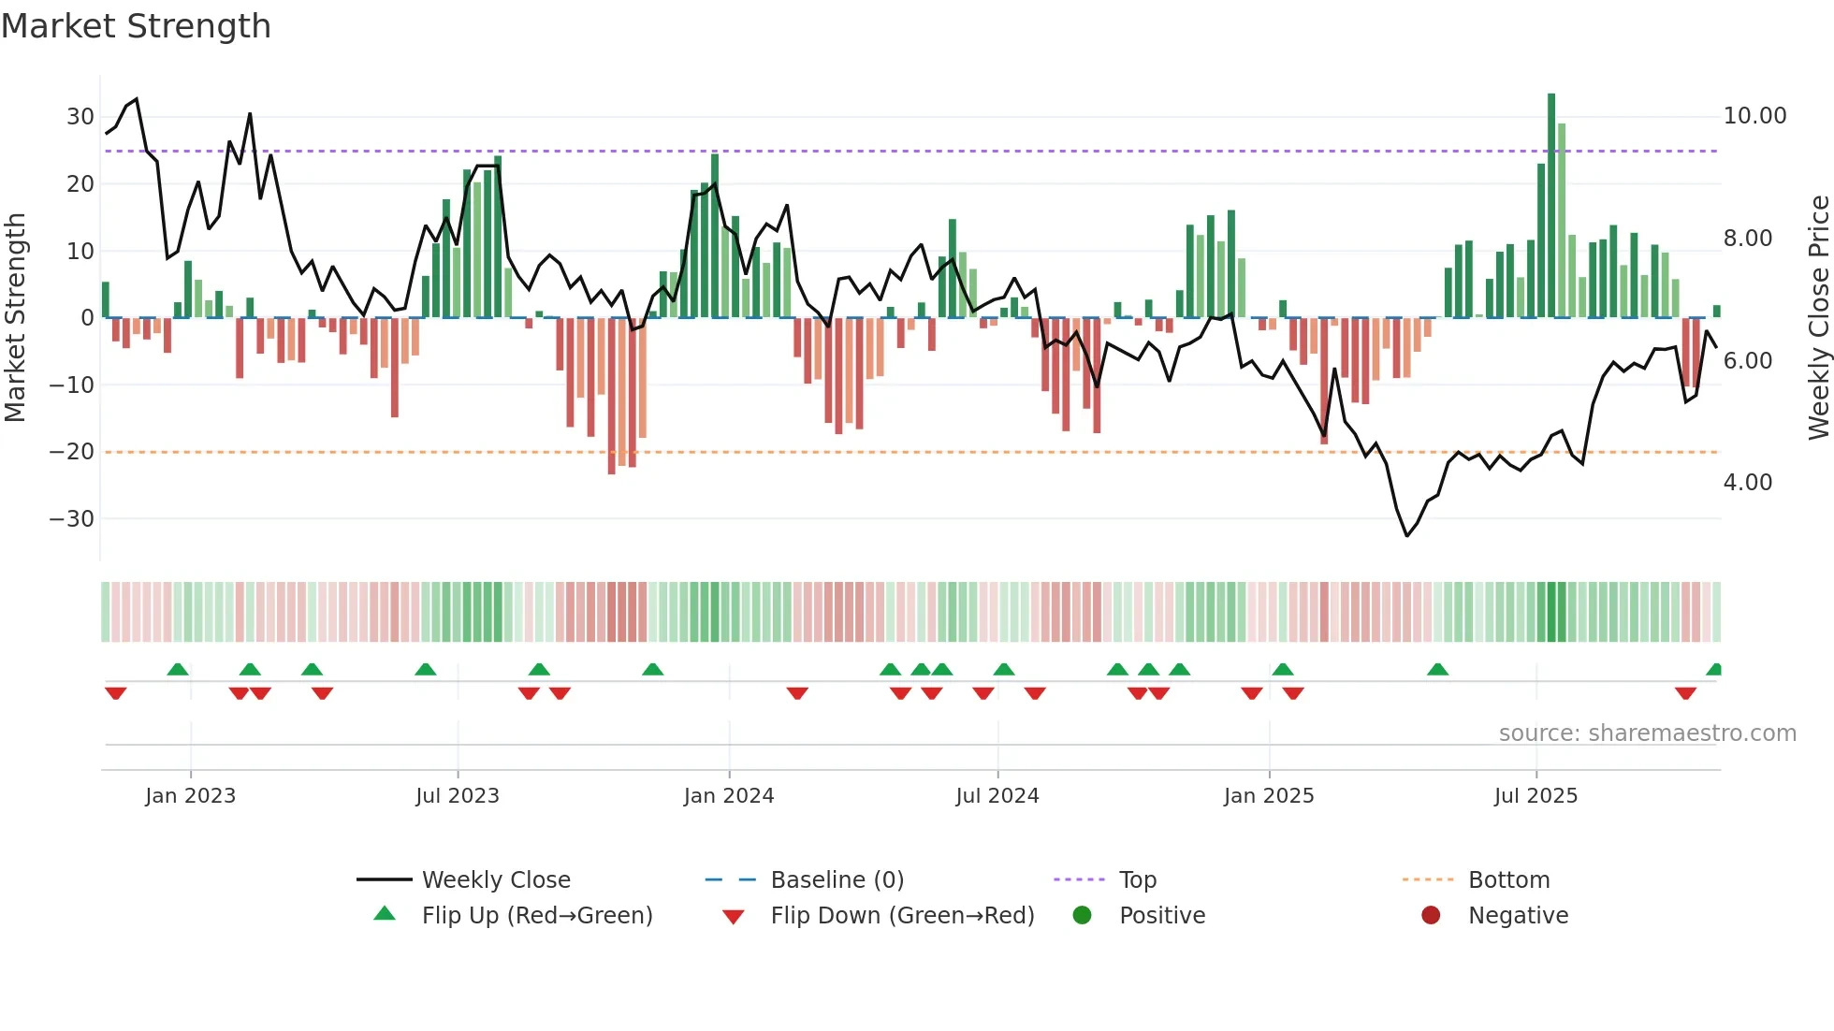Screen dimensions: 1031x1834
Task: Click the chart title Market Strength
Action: tap(136, 26)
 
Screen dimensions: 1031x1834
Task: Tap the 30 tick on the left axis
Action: tap(80, 117)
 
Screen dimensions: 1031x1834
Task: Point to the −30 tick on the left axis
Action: tap(73, 518)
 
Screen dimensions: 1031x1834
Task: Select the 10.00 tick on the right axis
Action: tap(1754, 116)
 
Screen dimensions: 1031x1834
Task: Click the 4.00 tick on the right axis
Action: tap(1747, 483)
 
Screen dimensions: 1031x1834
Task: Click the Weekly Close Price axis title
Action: tap(1818, 318)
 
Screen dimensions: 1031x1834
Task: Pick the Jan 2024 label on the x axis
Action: tap(729, 796)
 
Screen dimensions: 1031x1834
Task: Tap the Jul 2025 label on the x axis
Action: tap(1536, 796)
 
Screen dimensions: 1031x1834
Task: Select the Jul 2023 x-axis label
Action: tap(458, 796)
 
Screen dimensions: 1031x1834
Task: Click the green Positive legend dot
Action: tap(1083, 915)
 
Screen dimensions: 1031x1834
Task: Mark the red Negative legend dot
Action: tap(1431, 915)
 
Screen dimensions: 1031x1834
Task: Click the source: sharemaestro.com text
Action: tap(1647, 733)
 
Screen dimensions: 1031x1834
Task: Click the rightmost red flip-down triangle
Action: tap(1685, 693)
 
